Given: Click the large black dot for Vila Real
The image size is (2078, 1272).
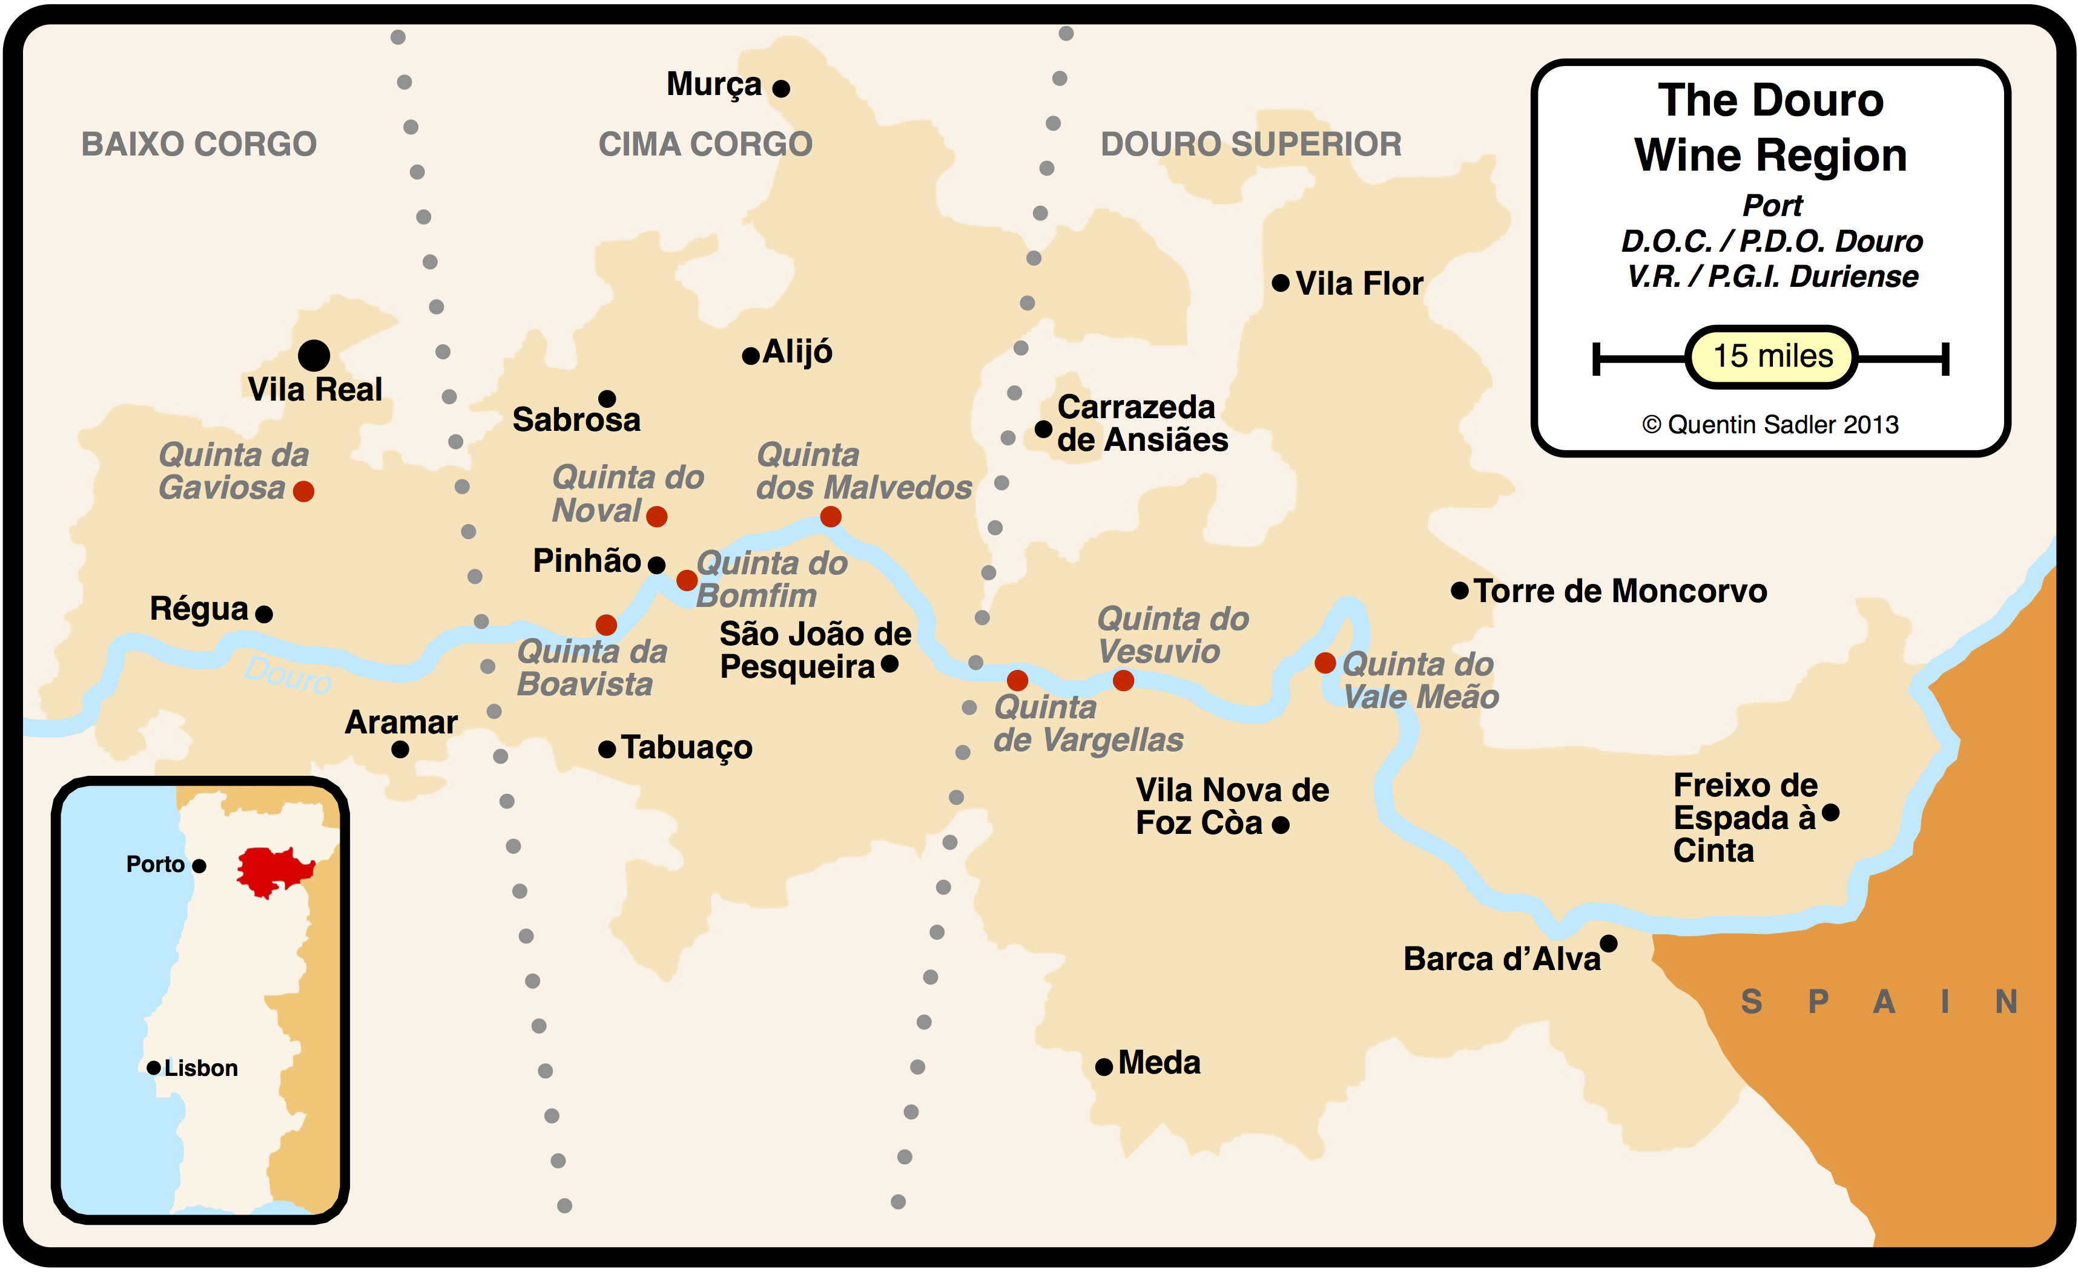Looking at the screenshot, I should coord(314,356).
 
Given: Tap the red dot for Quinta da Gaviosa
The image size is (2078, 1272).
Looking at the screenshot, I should coord(303,491).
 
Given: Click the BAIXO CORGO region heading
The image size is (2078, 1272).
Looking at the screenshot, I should coord(199,144).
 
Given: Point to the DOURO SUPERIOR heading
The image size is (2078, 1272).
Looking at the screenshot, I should coord(1251,144).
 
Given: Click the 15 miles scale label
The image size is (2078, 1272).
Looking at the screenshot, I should coord(1772,356).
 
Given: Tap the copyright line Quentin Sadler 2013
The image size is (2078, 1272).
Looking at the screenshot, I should coord(1770,425).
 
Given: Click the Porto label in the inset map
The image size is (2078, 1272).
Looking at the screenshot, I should coord(155,864).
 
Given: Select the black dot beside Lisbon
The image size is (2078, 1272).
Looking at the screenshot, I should coord(154,1068).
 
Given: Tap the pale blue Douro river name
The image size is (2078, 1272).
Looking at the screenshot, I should coord(288,675).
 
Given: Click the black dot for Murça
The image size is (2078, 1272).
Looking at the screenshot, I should coord(781,88).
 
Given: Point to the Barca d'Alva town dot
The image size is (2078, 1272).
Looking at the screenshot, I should coord(1608,943).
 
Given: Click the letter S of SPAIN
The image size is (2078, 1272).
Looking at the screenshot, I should coord(1752,1002).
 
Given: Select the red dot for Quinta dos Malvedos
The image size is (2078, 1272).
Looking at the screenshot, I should coord(831,517).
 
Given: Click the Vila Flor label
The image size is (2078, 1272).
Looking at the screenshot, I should coord(1359,284).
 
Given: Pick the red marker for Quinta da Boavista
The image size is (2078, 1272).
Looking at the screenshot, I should coord(605,625).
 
